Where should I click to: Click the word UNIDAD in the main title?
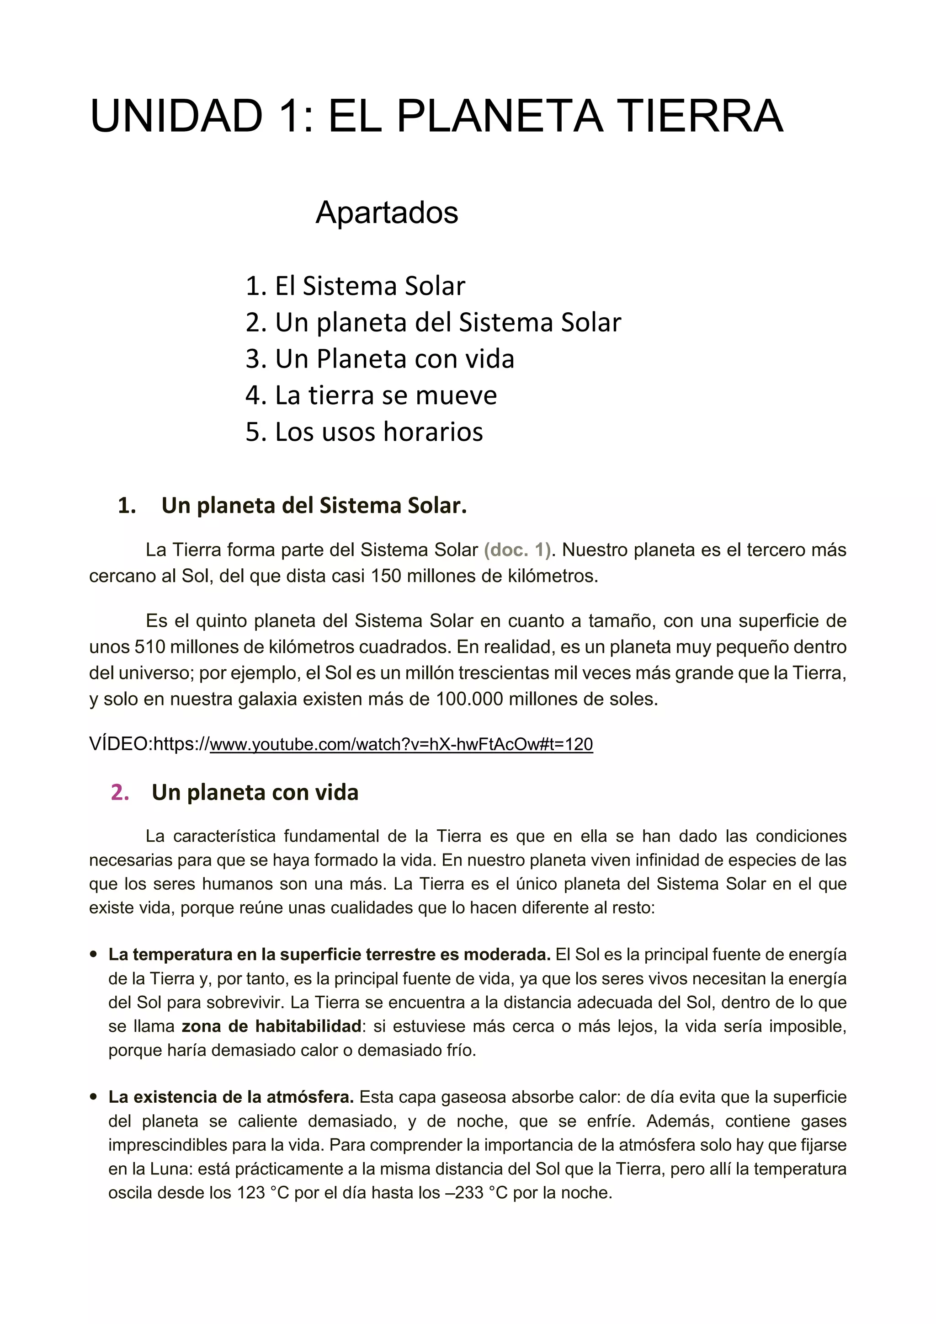coord(176,117)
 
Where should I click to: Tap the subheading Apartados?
coord(387,212)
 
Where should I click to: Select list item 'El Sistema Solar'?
coord(355,286)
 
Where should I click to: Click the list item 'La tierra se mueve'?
coord(371,395)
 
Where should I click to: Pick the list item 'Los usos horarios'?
coord(364,432)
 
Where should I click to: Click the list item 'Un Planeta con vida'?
coord(380,359)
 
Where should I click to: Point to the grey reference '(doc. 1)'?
coord(517,550)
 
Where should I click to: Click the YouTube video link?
coord(401,744)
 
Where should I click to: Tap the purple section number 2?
coord(120,792)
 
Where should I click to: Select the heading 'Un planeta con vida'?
coord(255,792)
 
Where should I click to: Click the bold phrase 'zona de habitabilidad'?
coord(271,1026)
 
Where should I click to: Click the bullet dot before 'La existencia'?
coord(93,1097)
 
